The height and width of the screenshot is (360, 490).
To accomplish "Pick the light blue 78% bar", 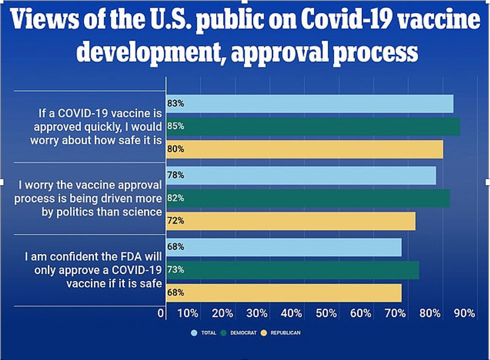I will click(x=301, y=175).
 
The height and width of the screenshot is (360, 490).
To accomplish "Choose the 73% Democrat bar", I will click(x=293, y=270).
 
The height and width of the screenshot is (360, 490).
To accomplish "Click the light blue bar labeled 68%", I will click(x=284, y=247).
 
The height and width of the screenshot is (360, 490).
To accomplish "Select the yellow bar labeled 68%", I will click(x=284, y=292).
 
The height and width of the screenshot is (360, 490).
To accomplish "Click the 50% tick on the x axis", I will click(x=326, y=313).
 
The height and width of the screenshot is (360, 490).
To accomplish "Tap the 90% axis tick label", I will click(x=465, y=313).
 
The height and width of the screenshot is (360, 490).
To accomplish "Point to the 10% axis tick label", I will click(x=188, y=313).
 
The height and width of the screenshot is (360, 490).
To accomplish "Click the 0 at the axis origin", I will click(x=161, y=313).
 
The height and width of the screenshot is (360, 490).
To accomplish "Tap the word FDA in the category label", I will click(x=120, y=257).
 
